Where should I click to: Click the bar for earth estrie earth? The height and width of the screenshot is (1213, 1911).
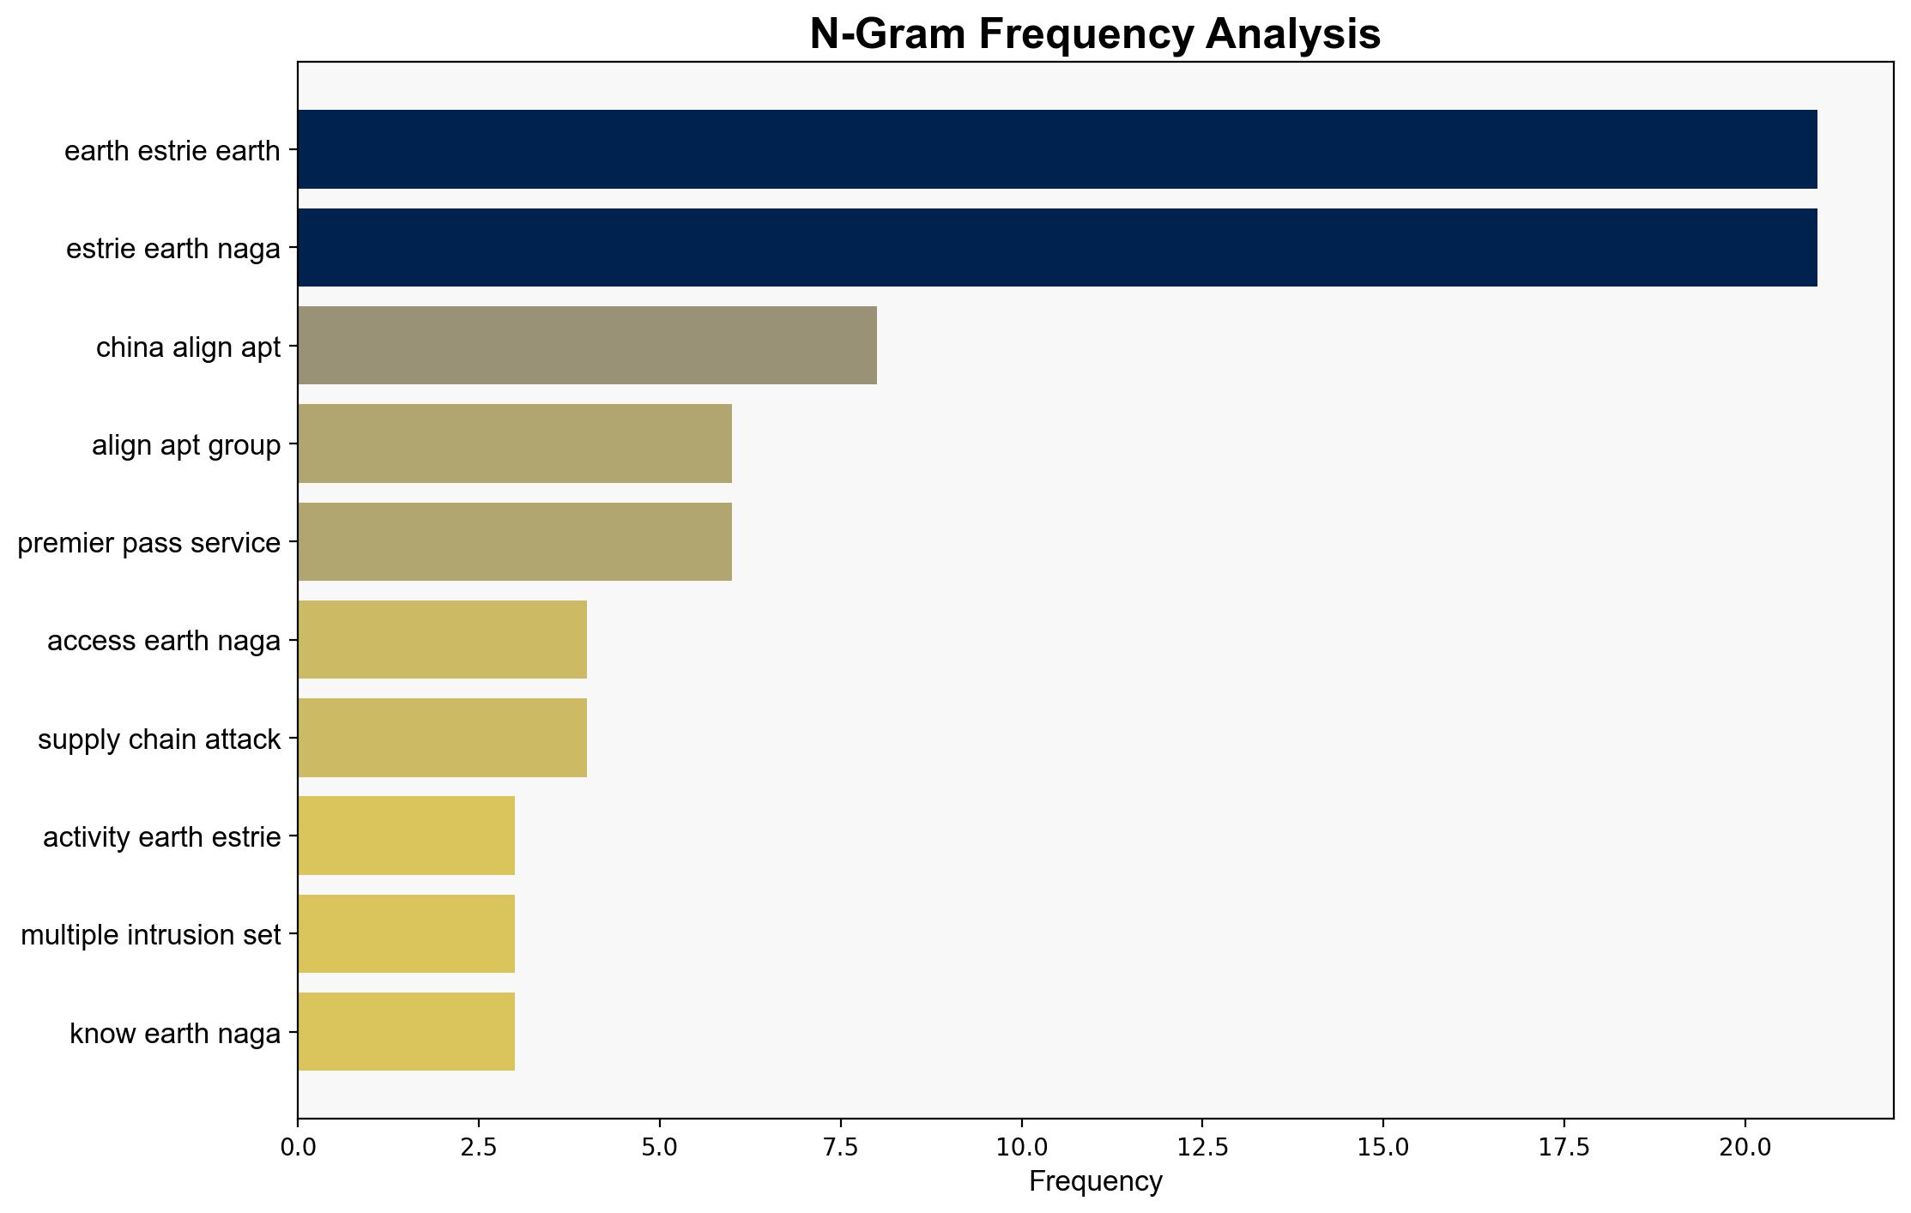tap(1057, 149)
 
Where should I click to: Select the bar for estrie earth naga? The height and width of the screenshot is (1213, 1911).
tap(1057, 248)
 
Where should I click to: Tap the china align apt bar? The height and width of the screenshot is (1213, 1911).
tap(588, 346)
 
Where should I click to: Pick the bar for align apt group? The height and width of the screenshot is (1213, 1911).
tap(515, 444)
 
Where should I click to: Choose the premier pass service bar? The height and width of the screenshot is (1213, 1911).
tap(515, 542)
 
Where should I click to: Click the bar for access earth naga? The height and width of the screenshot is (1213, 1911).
tap(443, 640)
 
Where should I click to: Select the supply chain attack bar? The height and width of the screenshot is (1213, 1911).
tap(443, 738)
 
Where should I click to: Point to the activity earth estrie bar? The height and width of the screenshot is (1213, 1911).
tap(407, 836)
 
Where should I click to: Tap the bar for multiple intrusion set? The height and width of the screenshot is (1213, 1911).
tap(407, 934)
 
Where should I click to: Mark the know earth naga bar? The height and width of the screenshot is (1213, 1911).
tap(407, 1032)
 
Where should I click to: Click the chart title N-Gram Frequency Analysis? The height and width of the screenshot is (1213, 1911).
tap(1095, 34)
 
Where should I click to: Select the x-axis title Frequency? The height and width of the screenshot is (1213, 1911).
tap(1096, 1181)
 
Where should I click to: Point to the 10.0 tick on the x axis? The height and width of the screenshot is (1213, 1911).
tap(1022, 1147)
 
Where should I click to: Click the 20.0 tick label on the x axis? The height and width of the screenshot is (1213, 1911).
tap(1745, 1147)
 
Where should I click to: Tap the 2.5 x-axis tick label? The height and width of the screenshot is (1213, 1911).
tap(479, 1147)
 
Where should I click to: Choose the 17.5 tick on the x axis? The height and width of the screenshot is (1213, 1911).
tap(1564, 1147)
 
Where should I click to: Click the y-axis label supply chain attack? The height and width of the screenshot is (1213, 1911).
tap(160, 739)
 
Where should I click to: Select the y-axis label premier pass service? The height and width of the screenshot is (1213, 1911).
tap(149, 543)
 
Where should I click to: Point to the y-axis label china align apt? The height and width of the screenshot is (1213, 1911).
tap(189, 347)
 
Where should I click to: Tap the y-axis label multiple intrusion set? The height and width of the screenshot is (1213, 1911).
tap(151, 935)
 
